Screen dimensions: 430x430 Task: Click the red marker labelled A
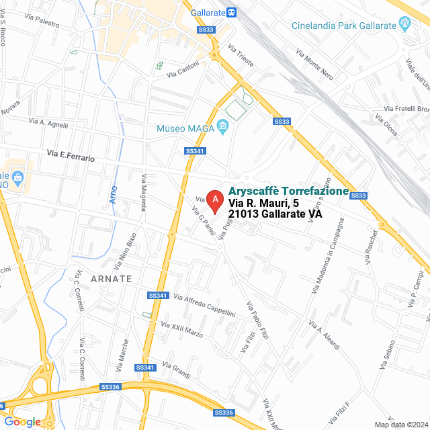(x=214, y=200)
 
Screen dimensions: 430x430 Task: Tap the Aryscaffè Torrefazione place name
(x=289, y=191)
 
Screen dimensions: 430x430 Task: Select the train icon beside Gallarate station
(x=231, y=12)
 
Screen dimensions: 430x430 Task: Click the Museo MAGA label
(x=185, y=128)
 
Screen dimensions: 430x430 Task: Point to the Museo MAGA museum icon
(x=222, y=128)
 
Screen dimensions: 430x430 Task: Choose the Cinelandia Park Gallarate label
(x=344, y=26)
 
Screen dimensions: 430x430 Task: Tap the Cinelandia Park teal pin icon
(x=405, y=26)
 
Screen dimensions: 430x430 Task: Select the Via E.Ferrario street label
(x=71, y=156)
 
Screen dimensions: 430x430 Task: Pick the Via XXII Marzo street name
(x=181, y=329)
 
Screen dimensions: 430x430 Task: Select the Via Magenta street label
(x=143, y=191)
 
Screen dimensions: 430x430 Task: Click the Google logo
(x=22, y=421)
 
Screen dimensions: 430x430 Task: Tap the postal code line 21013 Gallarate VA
(x=275, y=214)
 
